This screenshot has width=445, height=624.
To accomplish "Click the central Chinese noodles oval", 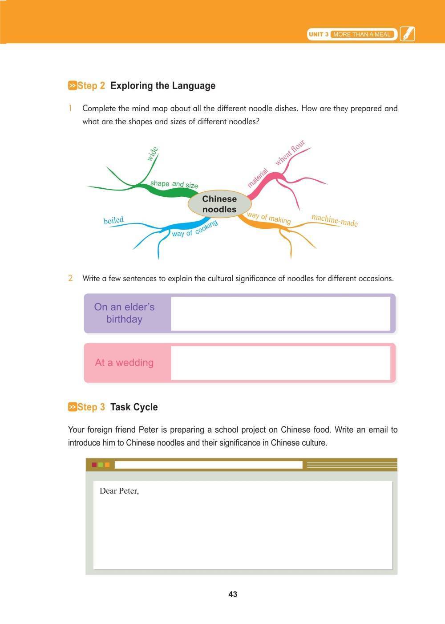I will [x=219, y=204].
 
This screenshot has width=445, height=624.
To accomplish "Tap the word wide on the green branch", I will [x=152, y=154].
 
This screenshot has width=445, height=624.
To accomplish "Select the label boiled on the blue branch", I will [x=113, y=220].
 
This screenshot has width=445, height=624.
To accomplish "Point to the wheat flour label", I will [x=290, y=152].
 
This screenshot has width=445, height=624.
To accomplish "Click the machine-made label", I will [x=334, y=220].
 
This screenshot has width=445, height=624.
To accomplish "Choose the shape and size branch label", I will [x=174, y=184].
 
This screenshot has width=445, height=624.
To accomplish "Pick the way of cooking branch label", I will [x=194, y=228].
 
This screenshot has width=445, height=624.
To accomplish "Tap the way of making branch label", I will [x=268, y=218].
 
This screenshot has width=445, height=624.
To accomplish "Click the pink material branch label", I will [x=258, y=178].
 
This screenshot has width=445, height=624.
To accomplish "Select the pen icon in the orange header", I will [x=407, y=34].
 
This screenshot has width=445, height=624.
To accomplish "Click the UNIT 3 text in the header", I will [x=318, y=34].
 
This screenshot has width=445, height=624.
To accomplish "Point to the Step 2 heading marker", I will [x=72, y=85].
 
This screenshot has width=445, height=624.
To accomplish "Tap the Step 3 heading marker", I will [x=72, y=407].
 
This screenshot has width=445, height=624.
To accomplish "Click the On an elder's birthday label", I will [x=124, y=313].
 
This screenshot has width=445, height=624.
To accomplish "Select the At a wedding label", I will [x=124, y=363].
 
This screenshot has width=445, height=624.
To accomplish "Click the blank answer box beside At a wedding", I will [x=280, y=363].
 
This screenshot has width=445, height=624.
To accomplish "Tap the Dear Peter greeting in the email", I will [x=119, y=491].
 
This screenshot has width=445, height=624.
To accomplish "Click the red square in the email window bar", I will [x=94, y=465].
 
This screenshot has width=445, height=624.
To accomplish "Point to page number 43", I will [x=232, y=594].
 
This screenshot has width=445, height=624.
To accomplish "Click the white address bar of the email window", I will [x=208, y=465].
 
